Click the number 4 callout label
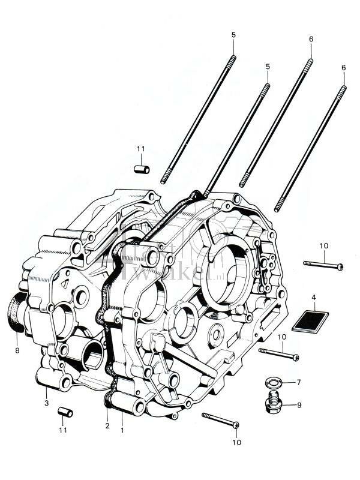[314, 297]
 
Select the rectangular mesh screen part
[310, 320]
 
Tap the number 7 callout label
[299, 382]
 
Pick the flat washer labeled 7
[273, 382]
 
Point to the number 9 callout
[299, 405]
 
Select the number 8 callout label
[17, 350]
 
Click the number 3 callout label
[46, 403]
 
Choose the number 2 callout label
[107, 426]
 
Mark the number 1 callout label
[122, 430]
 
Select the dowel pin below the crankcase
[65, 412]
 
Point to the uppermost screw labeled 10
[323, 265]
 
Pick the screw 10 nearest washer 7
[278, 354]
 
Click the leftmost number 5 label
[233, 35]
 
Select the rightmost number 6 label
[344, 68]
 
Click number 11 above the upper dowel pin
[140, 149]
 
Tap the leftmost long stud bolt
[197, 120]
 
